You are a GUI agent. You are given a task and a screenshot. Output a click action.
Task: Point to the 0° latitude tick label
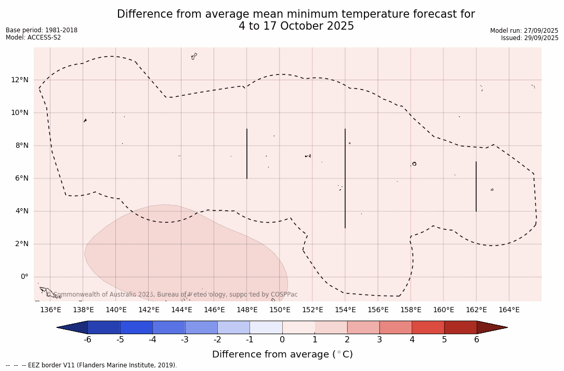24,277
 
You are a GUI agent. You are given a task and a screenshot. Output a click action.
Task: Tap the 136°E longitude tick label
50,310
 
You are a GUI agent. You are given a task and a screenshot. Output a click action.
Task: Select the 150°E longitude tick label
280,310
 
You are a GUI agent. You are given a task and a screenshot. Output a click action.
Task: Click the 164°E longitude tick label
509,310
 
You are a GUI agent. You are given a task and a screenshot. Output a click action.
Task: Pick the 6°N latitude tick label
22,178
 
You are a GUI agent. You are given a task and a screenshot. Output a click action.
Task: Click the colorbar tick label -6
87,340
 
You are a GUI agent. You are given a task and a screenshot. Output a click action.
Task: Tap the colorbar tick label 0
282,340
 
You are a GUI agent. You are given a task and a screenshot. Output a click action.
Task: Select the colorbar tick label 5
444,340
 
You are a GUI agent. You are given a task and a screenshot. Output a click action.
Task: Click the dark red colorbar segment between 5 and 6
461,327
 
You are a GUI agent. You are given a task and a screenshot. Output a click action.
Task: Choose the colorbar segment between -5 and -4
136,327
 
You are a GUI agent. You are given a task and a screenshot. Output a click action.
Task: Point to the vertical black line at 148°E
247,153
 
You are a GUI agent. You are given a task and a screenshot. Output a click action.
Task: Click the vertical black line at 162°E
476,186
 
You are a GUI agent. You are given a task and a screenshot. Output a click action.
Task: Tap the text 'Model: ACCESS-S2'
33,37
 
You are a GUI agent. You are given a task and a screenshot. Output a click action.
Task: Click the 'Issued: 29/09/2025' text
530,38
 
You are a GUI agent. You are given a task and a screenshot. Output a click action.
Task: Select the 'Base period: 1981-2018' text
42,30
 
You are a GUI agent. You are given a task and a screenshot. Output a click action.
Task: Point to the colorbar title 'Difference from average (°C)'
282,354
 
